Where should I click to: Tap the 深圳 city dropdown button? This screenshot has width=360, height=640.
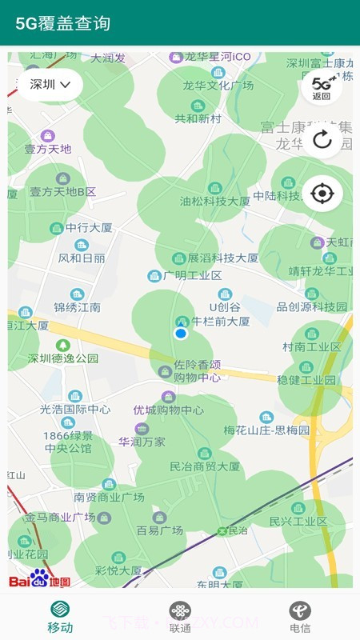tap(50, 84)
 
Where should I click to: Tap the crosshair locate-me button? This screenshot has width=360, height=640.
tap(322, 193)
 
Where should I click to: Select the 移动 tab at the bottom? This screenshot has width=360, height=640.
tap(60, 618)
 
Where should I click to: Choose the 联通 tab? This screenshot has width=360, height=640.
tap(180, 618)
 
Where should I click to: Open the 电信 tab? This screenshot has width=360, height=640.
tap(300, 618)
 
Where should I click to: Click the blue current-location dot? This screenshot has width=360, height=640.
tap(181, 333)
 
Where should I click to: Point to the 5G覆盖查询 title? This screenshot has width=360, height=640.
tap(62, 23)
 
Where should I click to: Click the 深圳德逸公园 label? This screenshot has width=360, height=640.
tap(63, 358)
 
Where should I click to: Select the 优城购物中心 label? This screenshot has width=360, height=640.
tap(168, 410)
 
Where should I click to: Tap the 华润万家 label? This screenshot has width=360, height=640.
tap(142, 441)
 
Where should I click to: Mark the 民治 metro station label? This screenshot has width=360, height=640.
tap(236, 530)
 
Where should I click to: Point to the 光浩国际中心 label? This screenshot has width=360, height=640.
tap(75, 409)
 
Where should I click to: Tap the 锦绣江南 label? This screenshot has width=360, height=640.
tap(77, 306)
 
